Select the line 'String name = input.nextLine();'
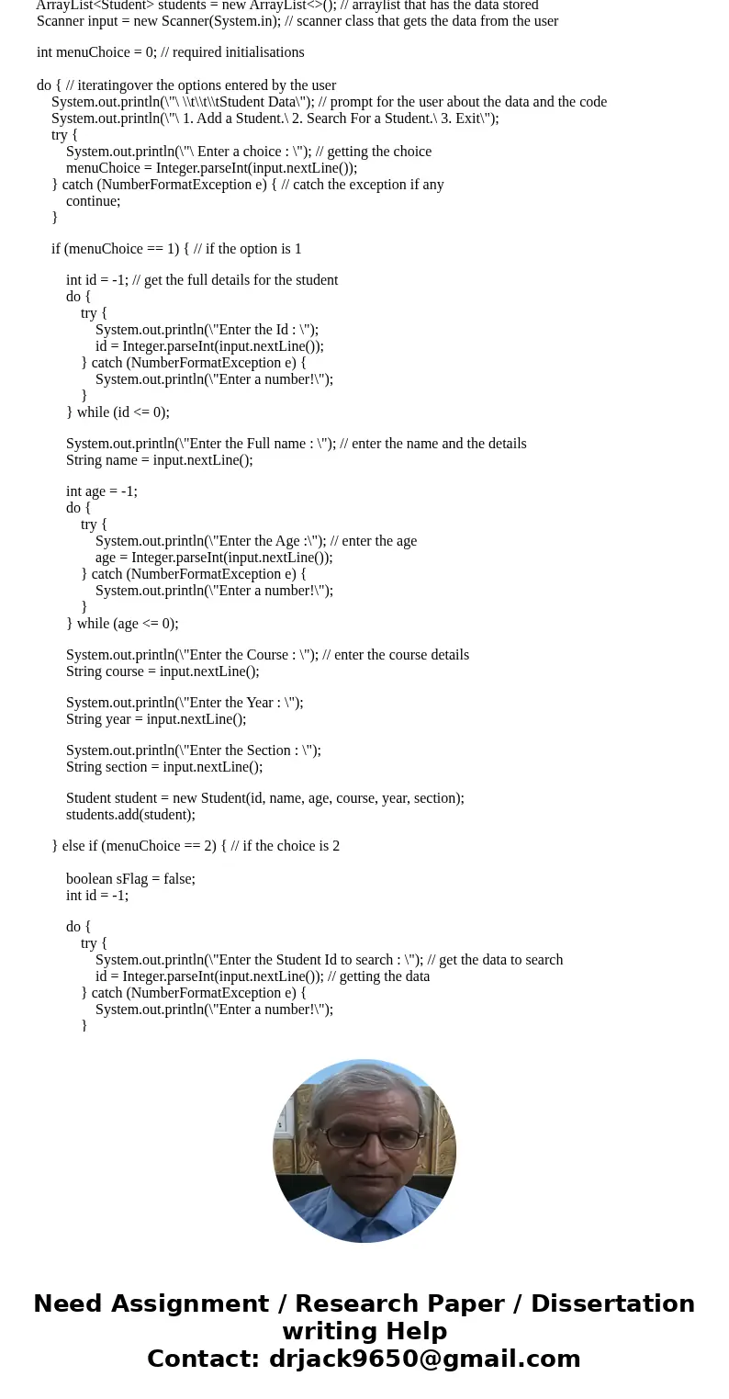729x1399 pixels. tap(159, 460)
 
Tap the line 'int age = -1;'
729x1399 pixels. tap(101, 491)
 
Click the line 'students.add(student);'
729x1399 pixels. tap(130, 815)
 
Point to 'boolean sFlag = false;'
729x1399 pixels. tap(130, 879)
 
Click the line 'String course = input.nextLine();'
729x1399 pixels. tap(163, 671)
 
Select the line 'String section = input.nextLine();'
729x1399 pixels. tap(164, 767)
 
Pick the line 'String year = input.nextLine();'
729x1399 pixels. tap(156, 719)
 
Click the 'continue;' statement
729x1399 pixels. tap(93, 201)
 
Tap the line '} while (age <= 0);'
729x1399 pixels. tap(122, 624)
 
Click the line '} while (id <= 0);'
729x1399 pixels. tap(118, 412)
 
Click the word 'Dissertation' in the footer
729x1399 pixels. tap(612, 1304)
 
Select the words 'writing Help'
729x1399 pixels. tap(364, 1332)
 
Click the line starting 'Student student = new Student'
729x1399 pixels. tap(264, 798)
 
